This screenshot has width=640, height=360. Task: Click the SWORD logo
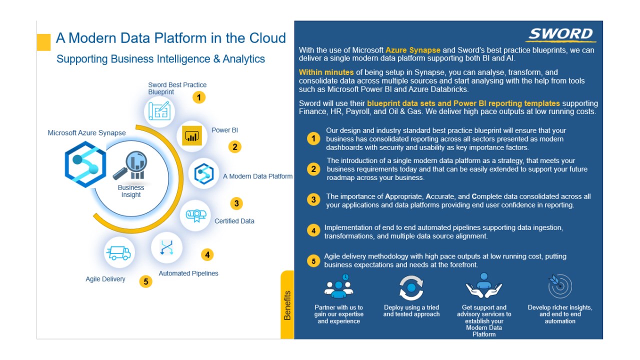[560, 34]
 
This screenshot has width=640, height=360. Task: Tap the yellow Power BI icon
[191, 135]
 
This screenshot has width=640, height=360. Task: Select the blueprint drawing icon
[159, 111]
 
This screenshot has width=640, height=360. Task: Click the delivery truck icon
[119, 253]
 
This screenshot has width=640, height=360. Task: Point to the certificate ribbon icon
[196, 215]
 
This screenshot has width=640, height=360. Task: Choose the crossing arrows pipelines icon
[166, 247]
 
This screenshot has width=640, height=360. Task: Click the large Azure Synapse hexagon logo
[85, 164]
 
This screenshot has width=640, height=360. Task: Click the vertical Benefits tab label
[287, 305]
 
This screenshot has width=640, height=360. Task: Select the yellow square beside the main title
[43, 42]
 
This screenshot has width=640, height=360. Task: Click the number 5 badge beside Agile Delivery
[145, 281]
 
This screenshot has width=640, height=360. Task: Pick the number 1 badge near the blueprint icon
[199, 97]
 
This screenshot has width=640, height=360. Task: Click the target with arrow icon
[560, 285]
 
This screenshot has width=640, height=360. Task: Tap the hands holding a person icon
[483, 285]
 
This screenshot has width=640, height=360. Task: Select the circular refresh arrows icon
[411, 287]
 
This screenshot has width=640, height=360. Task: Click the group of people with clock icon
[339, 286]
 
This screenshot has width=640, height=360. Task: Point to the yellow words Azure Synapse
[412, 50]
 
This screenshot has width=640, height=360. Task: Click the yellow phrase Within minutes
[326, 72]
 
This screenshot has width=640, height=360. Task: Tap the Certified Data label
[234, 221]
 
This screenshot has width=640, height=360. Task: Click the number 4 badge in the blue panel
[313, 230]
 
